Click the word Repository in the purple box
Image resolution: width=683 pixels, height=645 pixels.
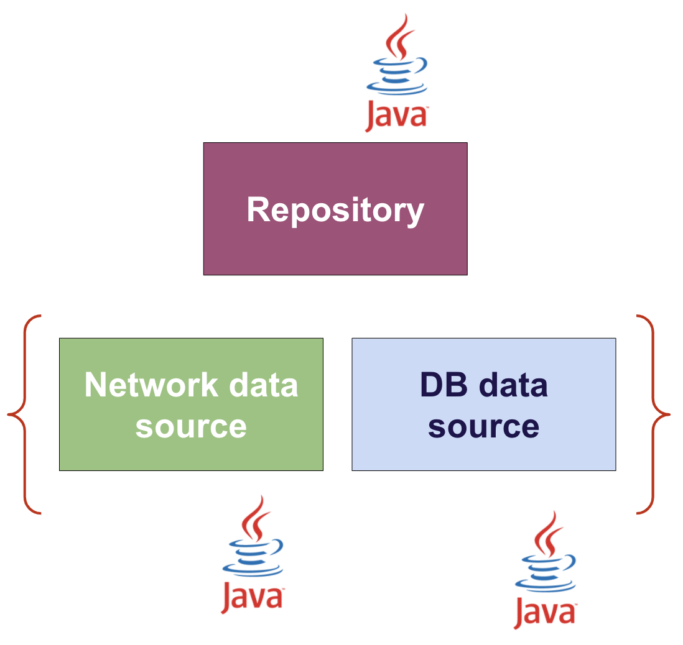[x=335, y=210]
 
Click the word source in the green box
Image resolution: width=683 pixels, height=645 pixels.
[x=191, y=426]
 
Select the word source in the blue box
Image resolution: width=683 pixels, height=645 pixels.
[x=483, y=426]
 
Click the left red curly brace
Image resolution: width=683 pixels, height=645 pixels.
[x=24, y=414]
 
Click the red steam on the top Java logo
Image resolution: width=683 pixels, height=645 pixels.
[x=399, y=37]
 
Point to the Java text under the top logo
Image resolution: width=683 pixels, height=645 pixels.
[x=396, y=116]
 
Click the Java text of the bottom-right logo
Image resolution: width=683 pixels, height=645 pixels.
[x=545, y=613]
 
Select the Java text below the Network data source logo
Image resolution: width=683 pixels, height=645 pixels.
[x=253, y=598]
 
